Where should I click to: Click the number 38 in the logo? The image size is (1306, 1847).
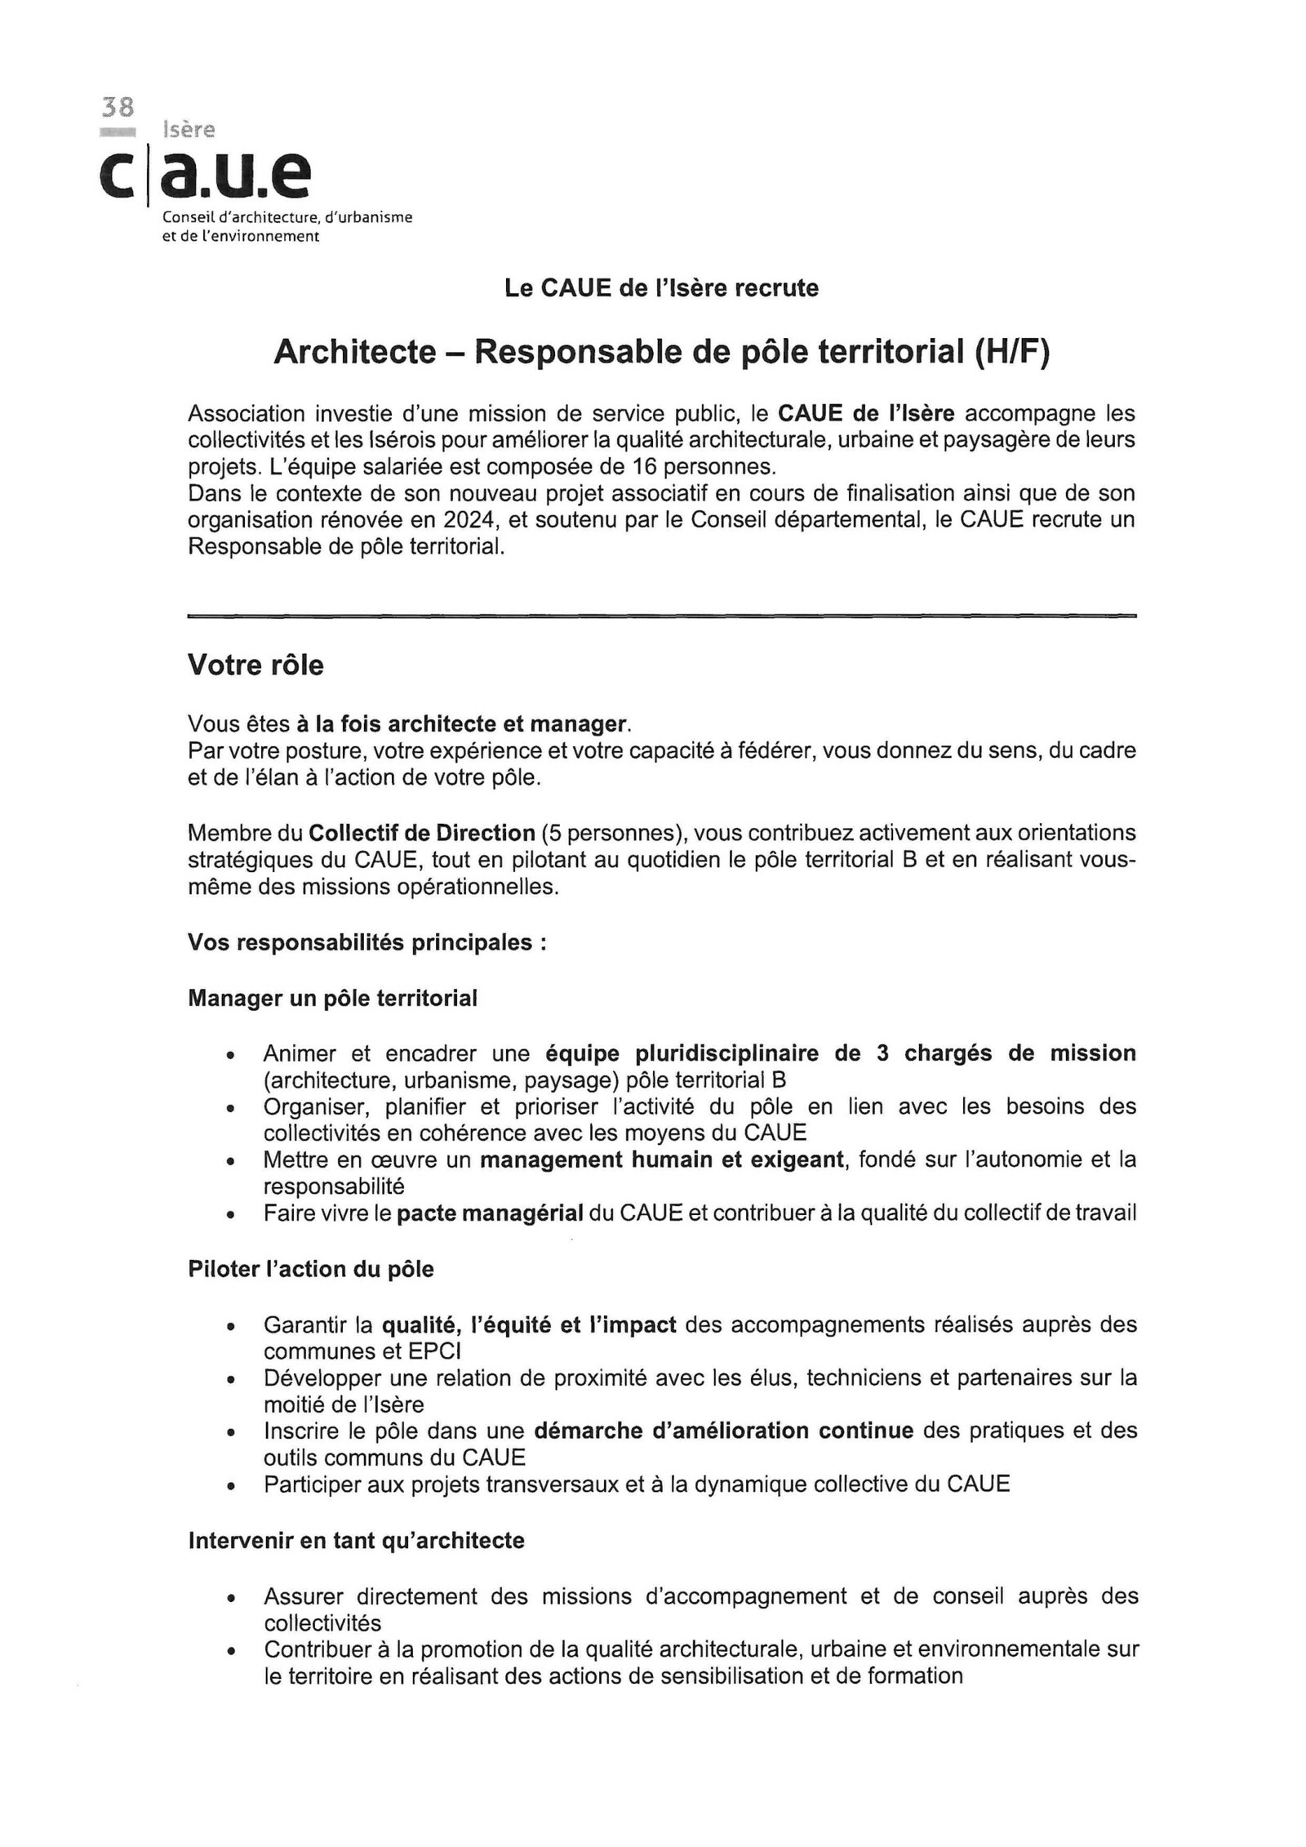pos(117,107)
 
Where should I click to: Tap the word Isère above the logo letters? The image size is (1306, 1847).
pos(189,130)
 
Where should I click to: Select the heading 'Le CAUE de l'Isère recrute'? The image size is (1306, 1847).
pos(661,288)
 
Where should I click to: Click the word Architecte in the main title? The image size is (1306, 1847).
pos(354,352)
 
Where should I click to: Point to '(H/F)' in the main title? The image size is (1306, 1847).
pos(1010,352)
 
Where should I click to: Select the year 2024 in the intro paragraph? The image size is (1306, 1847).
pos(469,520)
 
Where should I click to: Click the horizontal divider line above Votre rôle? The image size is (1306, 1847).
pos(661,616)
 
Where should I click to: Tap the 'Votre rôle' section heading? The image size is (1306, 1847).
pos(255,665)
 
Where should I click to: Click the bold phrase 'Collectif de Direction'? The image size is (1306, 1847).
pos(421,833)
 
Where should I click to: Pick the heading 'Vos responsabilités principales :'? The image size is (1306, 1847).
pos(366,942)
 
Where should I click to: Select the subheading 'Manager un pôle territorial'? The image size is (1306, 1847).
pos(332,998)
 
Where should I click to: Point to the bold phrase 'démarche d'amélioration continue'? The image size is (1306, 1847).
pos(724,1430)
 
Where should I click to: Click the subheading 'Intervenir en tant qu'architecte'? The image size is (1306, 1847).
pos(356,1540)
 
